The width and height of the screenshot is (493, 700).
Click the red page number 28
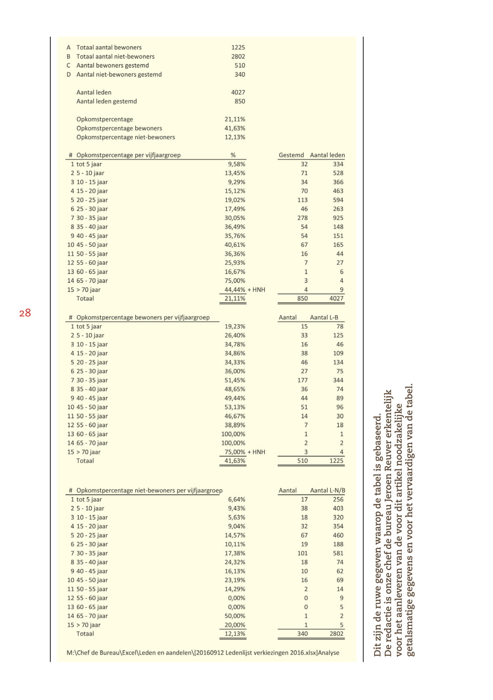click(x=25, y=313)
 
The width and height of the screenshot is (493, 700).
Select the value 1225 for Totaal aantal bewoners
click(x=238, y=47)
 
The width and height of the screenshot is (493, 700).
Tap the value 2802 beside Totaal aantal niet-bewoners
click(x=238, y=56)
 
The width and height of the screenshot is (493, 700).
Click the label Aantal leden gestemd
click(x=107, y=101)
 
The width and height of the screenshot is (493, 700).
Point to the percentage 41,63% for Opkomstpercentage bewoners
click(x=235, y=128)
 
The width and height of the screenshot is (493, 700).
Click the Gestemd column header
click(x=291, y=155)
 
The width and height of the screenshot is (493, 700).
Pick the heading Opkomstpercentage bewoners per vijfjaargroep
click(x=143, y=317)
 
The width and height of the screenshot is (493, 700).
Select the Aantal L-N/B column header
click(x=327, y=491)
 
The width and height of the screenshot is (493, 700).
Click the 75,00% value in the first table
click(x=235, y=281)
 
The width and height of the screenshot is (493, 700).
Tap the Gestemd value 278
click(x=302, y=218)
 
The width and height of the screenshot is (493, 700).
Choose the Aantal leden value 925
click(x=338, y=218)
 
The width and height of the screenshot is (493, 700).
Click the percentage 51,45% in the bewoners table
click(x=235, y=380)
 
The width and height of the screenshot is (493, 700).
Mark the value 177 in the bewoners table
click(x=302, y=380)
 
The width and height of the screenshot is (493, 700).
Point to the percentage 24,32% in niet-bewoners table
click(x=235, y=562)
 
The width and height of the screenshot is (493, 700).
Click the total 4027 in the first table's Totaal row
click(x=336, y=298)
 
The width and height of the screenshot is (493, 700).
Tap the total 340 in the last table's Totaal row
click(x=302, y=634)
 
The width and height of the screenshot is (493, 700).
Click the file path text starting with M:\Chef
click(x=203, y=653)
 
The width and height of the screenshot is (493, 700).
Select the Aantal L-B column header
click(x=324, y=317)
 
